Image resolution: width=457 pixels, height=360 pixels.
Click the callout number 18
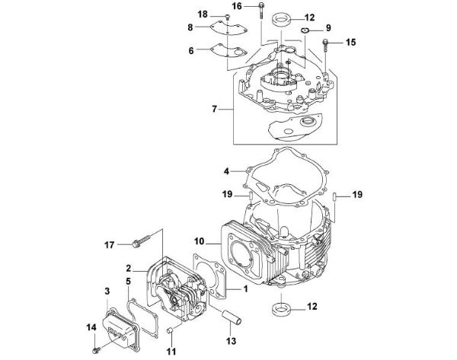181,15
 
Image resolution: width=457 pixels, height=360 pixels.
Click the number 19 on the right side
355,196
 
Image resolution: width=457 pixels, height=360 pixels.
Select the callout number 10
200,241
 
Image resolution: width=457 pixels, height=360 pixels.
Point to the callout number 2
131,268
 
